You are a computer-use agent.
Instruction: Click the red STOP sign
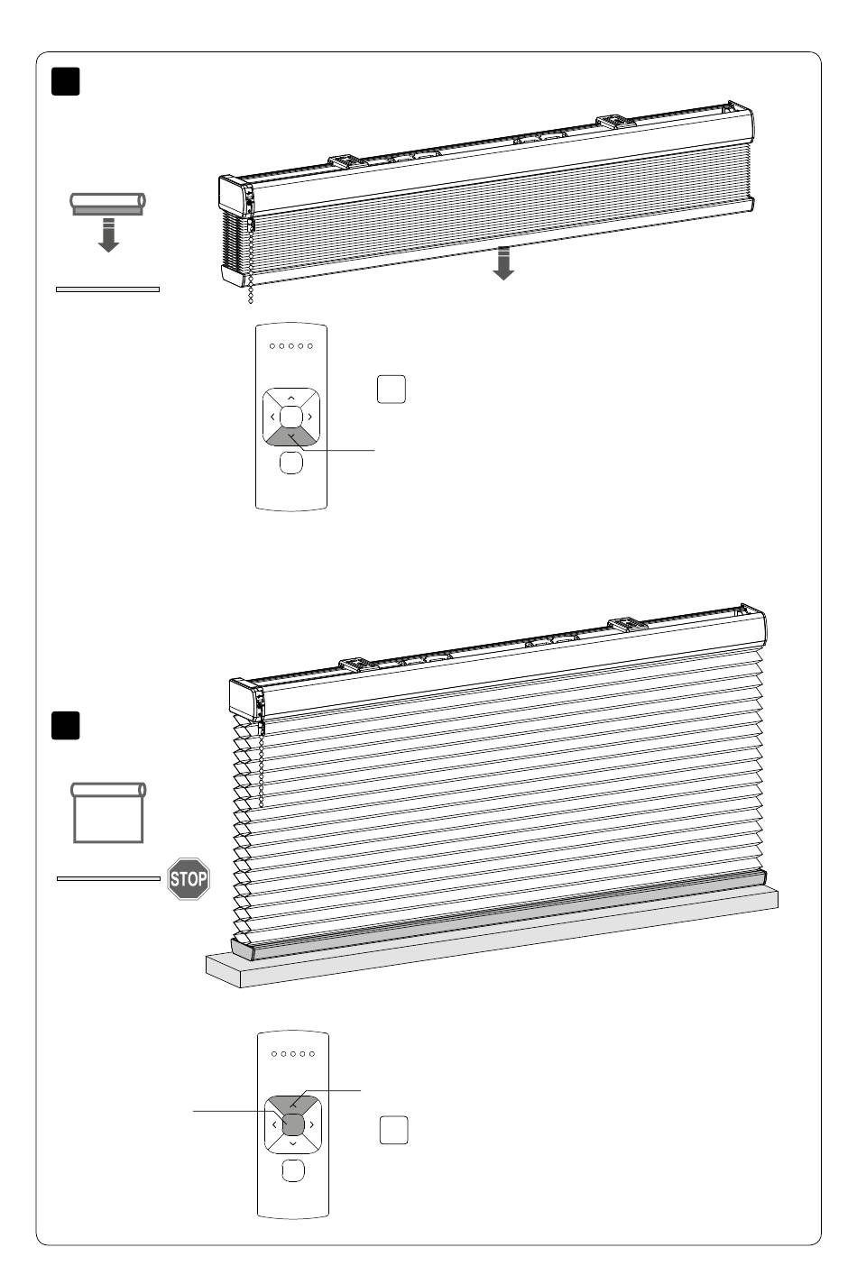(x=189, y=879)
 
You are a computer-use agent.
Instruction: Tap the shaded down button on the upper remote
(x=291, y=438)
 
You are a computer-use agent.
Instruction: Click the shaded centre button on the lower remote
(x=293, y=1124)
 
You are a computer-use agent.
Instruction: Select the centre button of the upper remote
(x=291, y=417)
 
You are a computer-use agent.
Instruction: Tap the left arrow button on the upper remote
(x=272, y=417)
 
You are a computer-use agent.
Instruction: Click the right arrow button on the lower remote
(x=312, y=1124)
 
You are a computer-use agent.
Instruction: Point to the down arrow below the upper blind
(x=503, y=263)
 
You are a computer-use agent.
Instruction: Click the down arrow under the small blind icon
(x=108, y=234)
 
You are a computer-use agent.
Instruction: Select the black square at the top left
(x=66, y=81)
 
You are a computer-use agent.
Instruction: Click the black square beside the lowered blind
(x=66, y=725)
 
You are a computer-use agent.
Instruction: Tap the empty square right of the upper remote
(x=392, y=389)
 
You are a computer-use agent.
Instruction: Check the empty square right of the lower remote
(x=393, y=1130)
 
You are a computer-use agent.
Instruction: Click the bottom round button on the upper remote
(x=291, y=463)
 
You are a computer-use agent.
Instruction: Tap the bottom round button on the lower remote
(x=293, y=1170)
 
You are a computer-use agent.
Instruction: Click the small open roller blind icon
(x=108, y=812)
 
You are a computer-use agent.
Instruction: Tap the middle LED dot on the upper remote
(x=291, y=346)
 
